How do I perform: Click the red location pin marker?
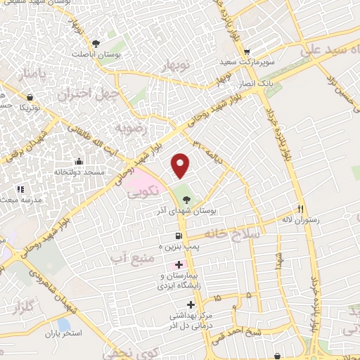pyautogui.click(x=181, y=165)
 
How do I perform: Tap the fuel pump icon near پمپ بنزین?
pyautogui.click(x=179, y=236)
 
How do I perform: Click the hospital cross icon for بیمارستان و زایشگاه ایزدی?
pyautogui.click(x=179, y=265)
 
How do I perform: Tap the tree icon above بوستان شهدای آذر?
pyautogui.click(x=186, y=200)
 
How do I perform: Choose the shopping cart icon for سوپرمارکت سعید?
pyautogui.click(x=246, y=51)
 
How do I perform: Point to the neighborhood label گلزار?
pyautogui.click(x=23, y=308)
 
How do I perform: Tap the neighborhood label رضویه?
pyautogui.click(x=131, y=129)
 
